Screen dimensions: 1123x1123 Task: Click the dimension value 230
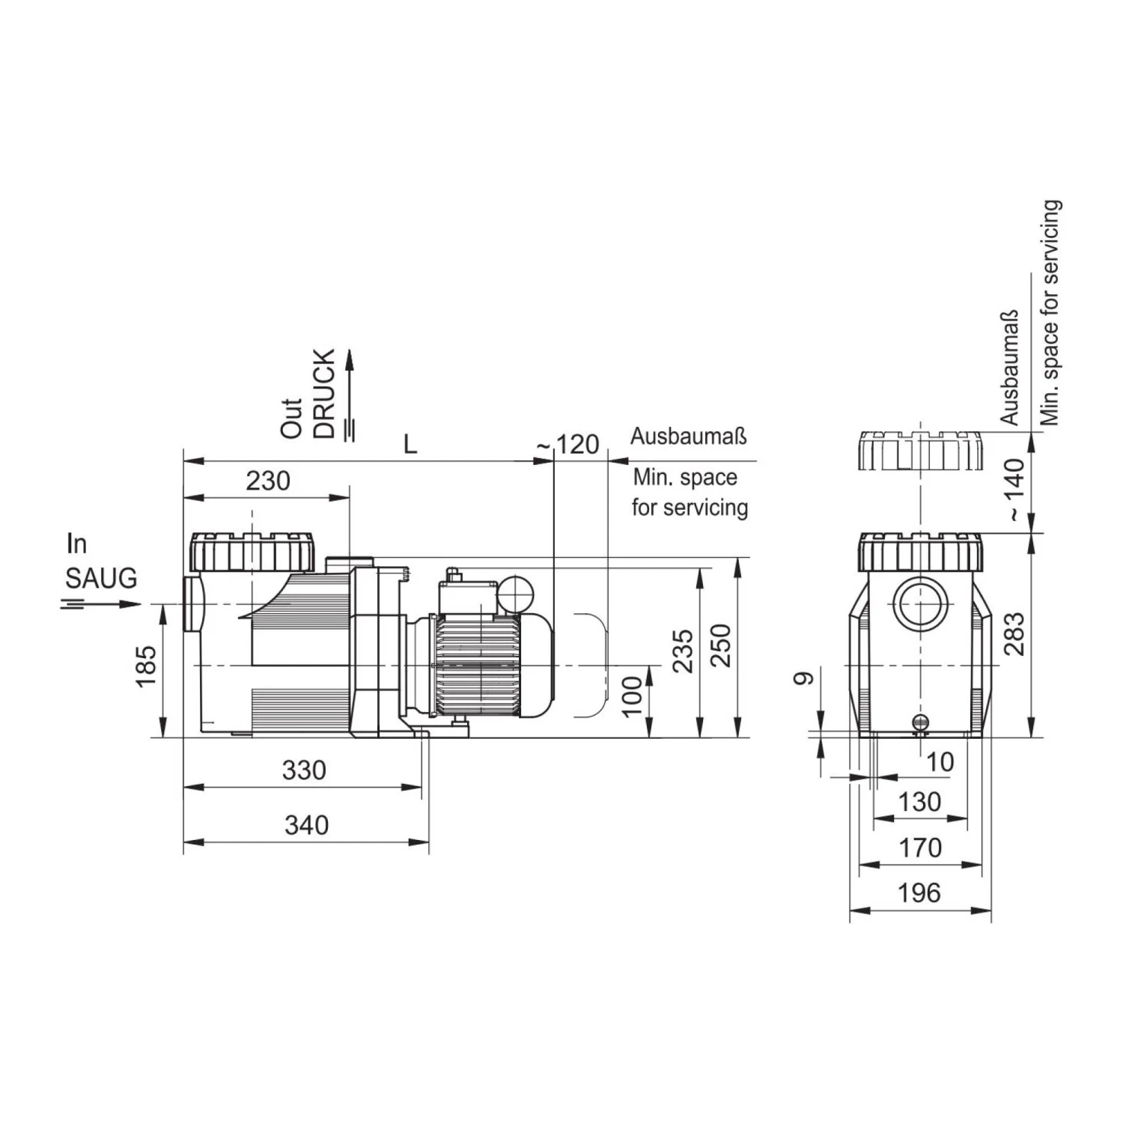tap(268, 481)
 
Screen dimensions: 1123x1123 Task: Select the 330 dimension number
tap(304, 770)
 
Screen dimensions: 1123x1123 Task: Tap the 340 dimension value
tap(307, 825)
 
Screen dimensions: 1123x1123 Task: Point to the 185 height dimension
tap(146, 666)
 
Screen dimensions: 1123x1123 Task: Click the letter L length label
tap(410, 445)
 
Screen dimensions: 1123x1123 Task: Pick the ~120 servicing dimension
tap(568, 445)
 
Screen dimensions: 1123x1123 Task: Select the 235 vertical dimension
tap(683, 651)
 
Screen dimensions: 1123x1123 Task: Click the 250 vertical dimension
tap(720, 646)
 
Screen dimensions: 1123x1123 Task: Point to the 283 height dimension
tap(1014, 634)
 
